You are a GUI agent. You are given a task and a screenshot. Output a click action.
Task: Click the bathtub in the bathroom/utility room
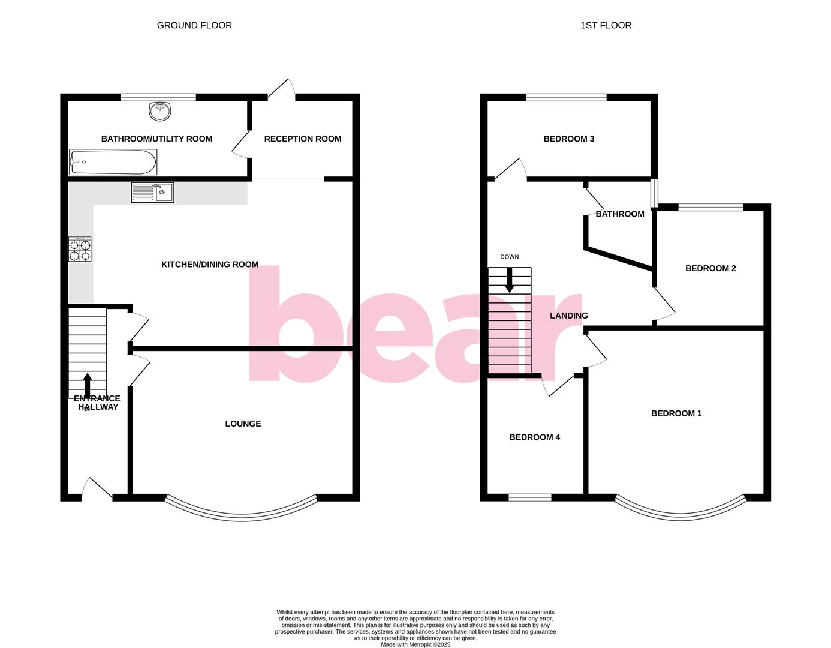coord(113,162)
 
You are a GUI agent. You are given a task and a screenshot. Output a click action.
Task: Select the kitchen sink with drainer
coord(152,193)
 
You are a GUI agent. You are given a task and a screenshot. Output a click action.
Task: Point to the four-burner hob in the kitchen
coord(80,249)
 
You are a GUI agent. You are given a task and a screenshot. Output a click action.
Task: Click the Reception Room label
coord(303,139)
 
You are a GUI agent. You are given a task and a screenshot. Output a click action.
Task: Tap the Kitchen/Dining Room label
coord(210,264)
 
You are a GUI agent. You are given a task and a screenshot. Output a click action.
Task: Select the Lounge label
coord(243,424)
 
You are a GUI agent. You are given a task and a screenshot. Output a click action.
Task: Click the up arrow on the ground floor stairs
coord(88,385)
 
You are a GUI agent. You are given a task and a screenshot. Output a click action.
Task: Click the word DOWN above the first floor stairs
coord(510,257)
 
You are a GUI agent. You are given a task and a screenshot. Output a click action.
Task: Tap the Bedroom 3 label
coord(569,139)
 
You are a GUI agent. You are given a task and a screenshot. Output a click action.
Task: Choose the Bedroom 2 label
coord(710,268)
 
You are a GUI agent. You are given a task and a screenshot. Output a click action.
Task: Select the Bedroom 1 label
coord(676,413)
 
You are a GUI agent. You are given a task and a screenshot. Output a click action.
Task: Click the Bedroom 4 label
coord(535,437)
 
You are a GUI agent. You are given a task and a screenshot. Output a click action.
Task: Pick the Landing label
coord(569,316)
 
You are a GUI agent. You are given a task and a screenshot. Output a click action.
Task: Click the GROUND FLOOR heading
coord(194,25)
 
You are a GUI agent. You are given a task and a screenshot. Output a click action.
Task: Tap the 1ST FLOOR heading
coord(606,25)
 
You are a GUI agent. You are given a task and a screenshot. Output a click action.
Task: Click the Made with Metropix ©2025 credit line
coord(415,644)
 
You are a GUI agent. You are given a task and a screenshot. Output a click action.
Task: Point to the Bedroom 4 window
coord(530,497)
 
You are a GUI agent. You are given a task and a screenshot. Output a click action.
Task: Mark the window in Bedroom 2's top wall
coord(710,208)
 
